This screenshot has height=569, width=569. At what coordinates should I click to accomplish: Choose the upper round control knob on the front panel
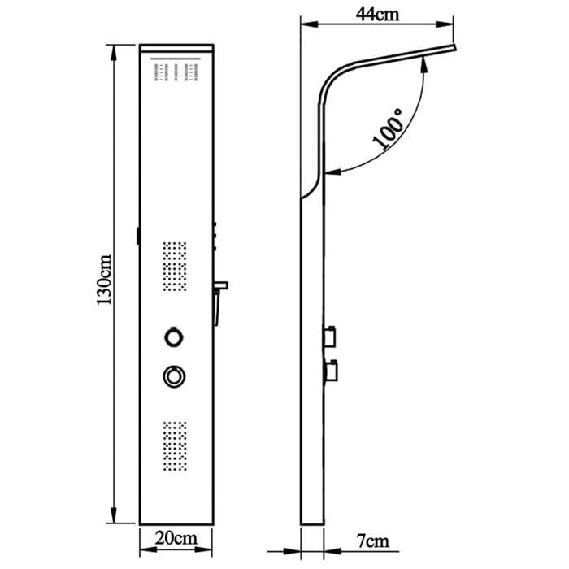[x=172, y=336]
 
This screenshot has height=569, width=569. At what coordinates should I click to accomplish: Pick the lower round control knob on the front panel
[x=172, y=375]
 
